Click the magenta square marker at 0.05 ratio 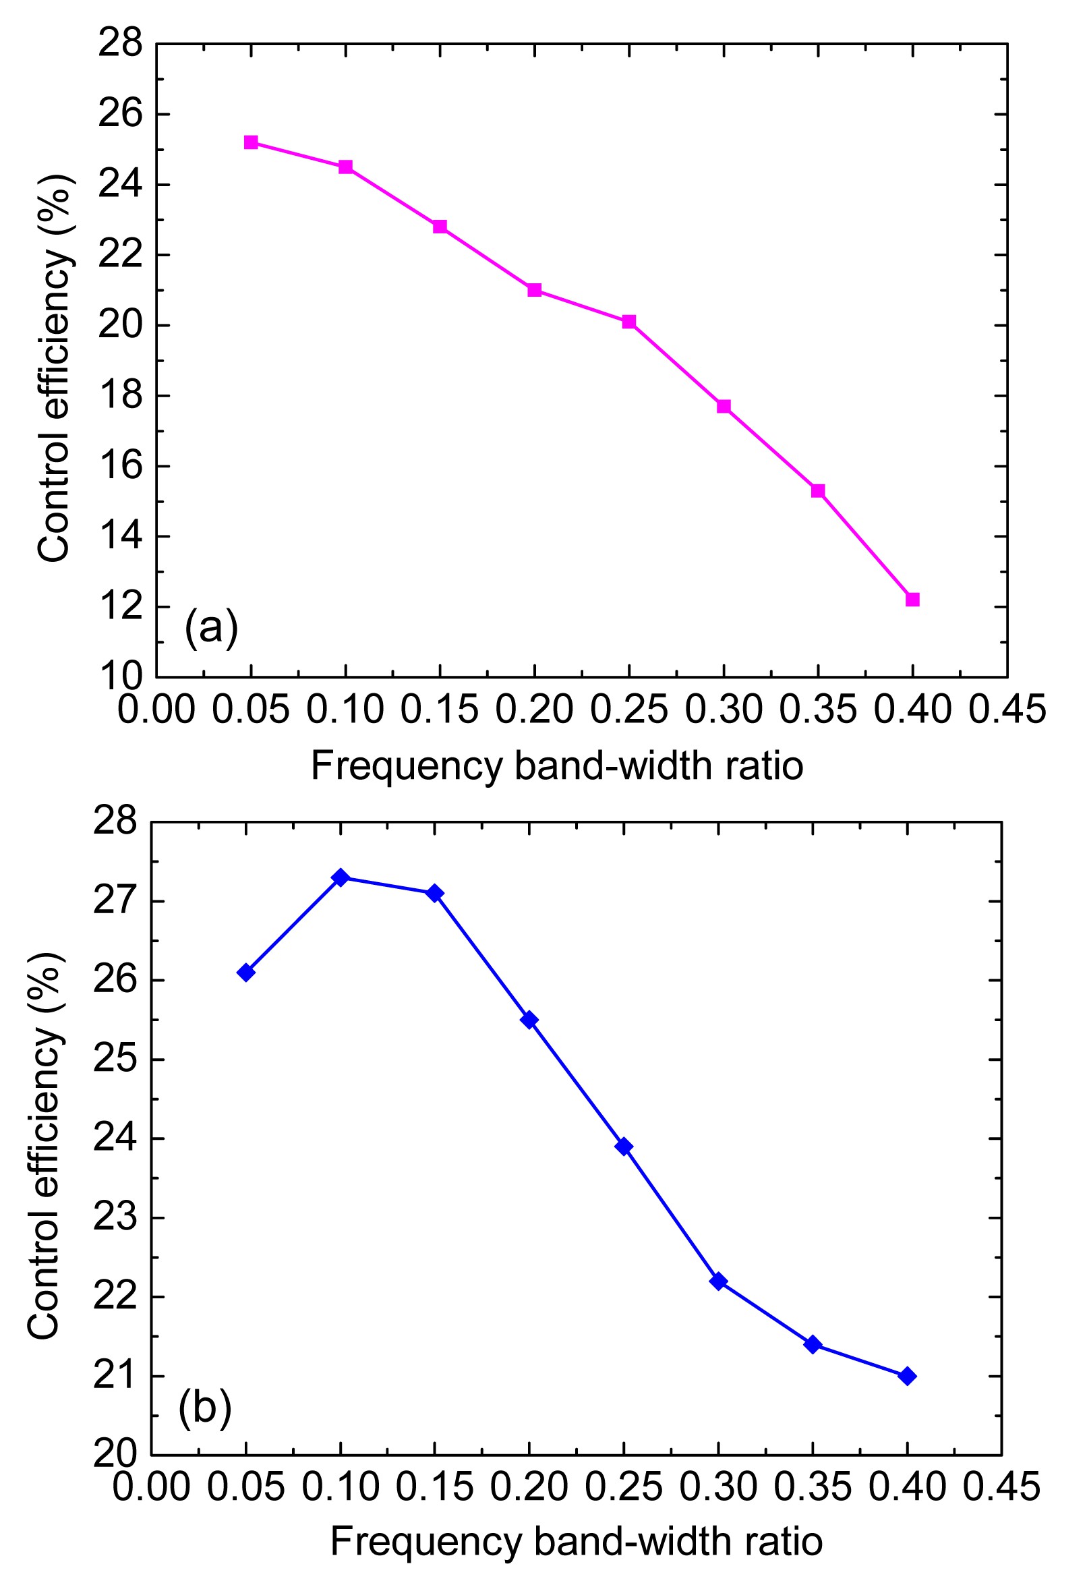251,142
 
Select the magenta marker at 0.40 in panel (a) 912,600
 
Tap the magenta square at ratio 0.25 629,321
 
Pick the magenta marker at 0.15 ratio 440,227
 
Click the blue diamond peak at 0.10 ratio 341,877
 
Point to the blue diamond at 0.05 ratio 246,973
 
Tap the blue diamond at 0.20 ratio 529,1020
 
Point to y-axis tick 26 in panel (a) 120,114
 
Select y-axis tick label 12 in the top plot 120,607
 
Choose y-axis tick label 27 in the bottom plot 115,902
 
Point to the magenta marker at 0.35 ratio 818,491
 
